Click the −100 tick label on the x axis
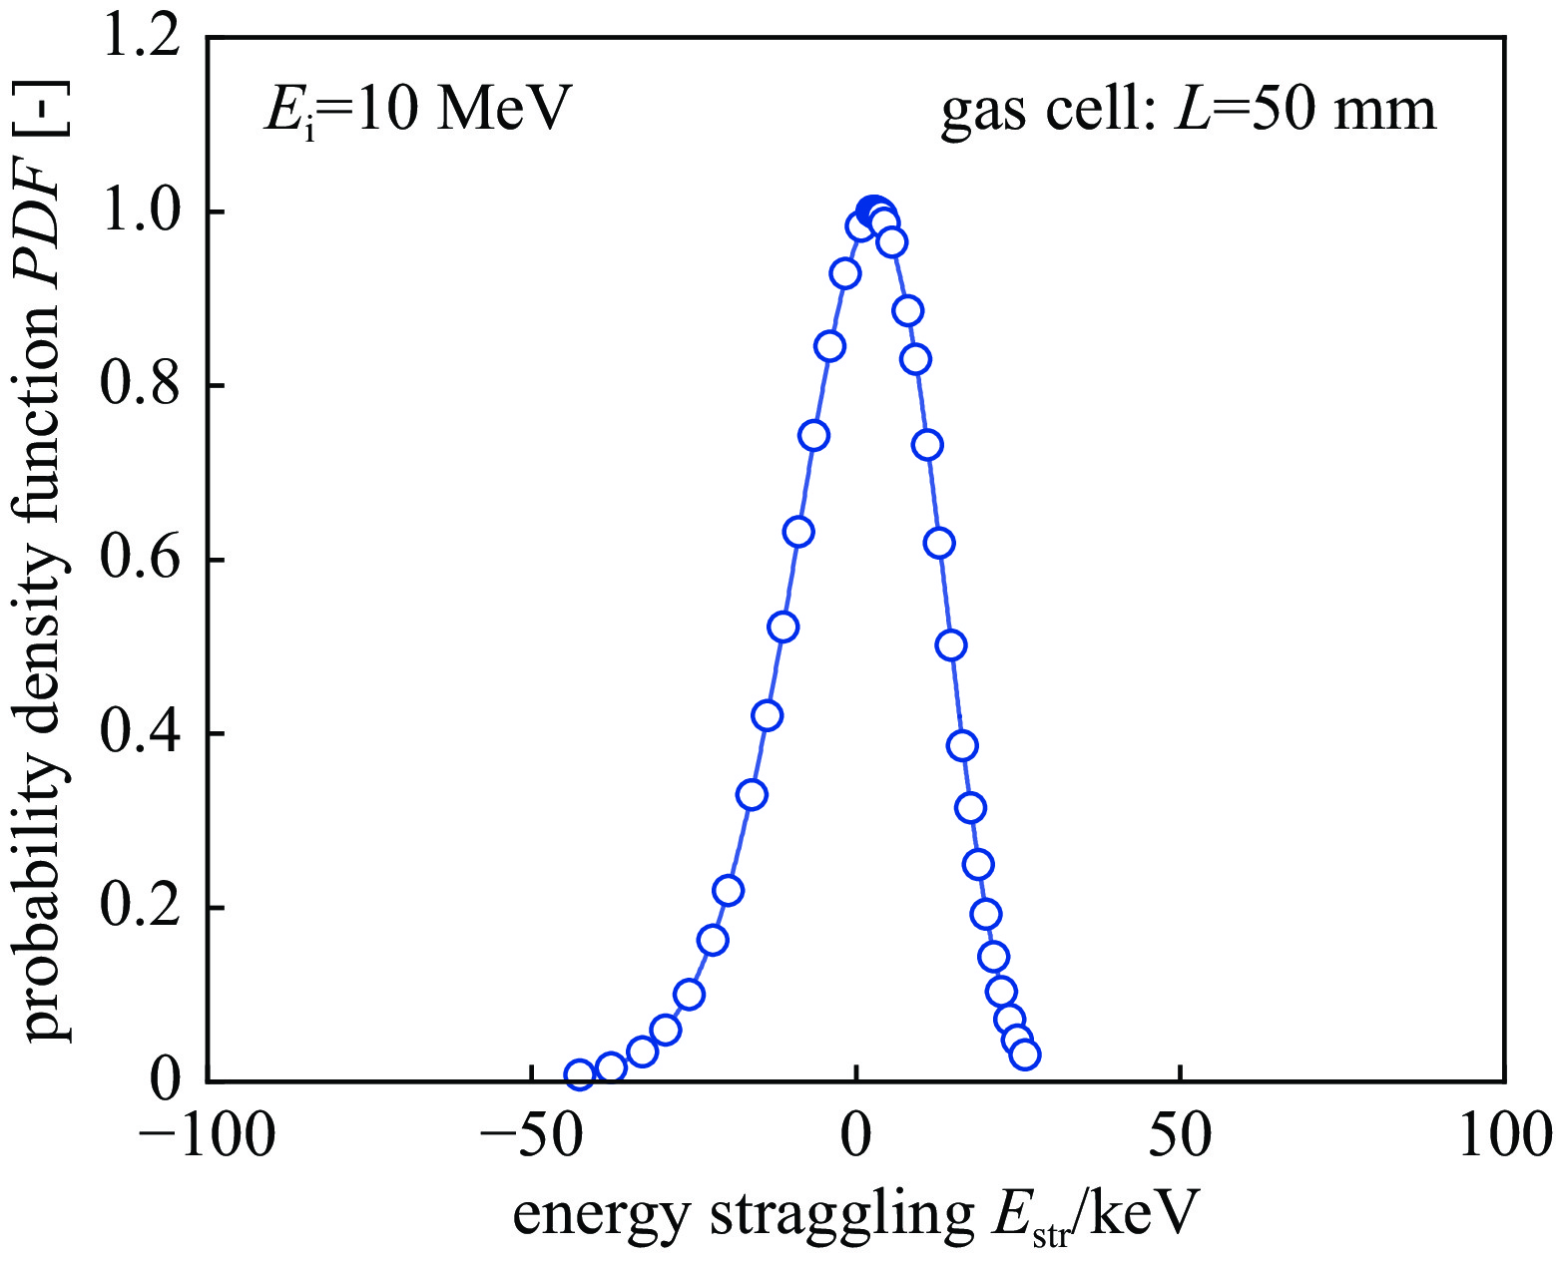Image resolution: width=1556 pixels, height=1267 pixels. pos(207,1135)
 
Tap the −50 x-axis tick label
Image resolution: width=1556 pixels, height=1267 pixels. pos(531,1135)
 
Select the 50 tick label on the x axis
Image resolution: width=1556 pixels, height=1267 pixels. pos(1181,1135)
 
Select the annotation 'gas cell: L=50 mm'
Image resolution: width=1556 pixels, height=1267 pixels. pos(1189,110)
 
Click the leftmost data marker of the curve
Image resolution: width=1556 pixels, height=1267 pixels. pos(580,1074)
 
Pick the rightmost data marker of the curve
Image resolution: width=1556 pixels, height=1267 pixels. pos(1024,1054)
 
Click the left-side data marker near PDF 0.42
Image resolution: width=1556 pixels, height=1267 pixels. pos(767,715)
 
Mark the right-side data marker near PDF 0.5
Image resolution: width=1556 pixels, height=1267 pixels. pos(951,644)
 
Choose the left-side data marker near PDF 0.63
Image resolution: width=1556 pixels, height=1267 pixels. pos(798,532)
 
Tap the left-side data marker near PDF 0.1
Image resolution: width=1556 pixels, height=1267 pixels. pos(689,994)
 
